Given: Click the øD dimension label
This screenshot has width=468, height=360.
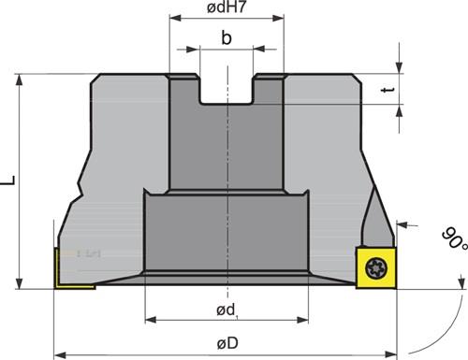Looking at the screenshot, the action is (227, 343).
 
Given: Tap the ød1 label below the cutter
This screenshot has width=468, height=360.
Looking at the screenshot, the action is (227, 310).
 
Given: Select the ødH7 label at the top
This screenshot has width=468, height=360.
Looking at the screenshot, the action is (227, 7).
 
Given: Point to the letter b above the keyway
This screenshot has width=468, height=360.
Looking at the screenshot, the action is (227, 37).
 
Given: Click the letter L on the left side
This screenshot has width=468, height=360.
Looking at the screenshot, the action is (8, 180).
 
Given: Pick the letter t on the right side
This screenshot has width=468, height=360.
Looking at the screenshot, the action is (388, 91).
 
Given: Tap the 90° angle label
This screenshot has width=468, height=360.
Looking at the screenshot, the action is (455, 238).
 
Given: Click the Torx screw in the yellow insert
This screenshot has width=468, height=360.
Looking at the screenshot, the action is (376, 268).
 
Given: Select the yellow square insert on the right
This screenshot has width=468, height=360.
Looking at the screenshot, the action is (376, 267).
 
